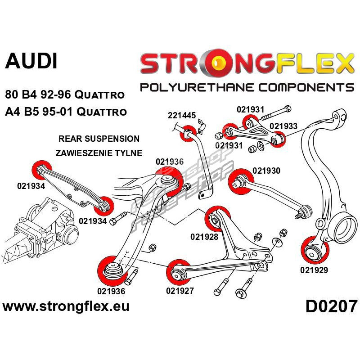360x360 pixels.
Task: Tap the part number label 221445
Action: pyautogui.click(x=181, y=116)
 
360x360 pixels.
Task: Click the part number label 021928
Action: pyautogui.click(x=204, y=237)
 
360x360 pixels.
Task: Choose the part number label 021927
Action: pyautogui.click(x=180, y=290)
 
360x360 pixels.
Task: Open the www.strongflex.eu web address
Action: pyautogui.click(x=66, y=307)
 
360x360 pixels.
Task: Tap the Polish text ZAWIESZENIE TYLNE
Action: pyautogui.click(x=99, y=153)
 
